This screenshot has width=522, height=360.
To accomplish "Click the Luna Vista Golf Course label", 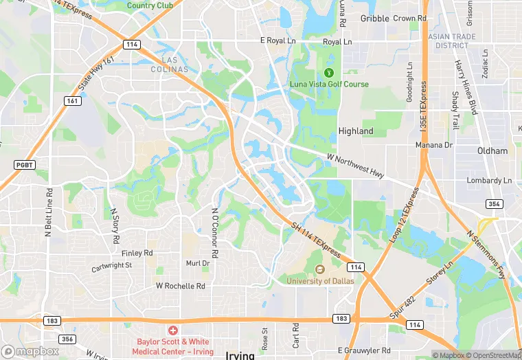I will [x=328, y=85].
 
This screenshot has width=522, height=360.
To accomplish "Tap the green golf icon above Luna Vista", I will [x=328, y=72].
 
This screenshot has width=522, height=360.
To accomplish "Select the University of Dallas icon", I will [x=319, y=269].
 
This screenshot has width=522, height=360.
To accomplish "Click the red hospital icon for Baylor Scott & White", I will [x=172, y=330].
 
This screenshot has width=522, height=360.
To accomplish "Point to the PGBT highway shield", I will [x=23, y=165].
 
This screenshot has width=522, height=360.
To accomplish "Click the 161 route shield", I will [x=71, y=101].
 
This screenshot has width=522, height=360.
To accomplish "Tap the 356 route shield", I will [x=67, y=339].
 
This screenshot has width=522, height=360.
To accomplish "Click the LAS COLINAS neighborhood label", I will [x=169, y=65].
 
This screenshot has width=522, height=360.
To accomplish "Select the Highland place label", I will [x=356, y=131].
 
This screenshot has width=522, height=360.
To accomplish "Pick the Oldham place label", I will [x=492, y=151].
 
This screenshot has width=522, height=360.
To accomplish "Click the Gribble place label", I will [x=374, y=19].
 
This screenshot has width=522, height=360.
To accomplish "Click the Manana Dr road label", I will [x=434, y=146].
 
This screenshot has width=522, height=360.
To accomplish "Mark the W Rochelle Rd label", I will [x=181, y=286].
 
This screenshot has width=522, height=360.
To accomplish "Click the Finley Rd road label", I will [x=137, y=254].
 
